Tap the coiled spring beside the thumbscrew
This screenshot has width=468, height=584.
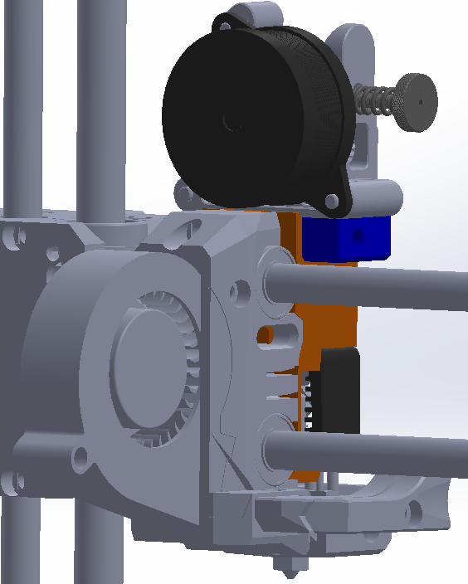375,100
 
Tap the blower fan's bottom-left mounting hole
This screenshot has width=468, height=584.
80,455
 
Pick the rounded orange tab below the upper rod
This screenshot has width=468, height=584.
266,335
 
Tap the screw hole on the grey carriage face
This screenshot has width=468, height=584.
240,291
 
